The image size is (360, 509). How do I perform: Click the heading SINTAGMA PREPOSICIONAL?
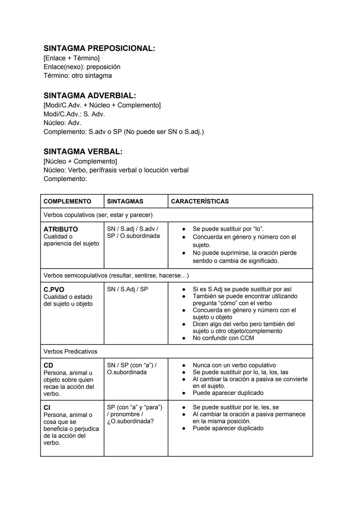point(99,48)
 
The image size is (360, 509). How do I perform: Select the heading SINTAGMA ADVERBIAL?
point(90,96)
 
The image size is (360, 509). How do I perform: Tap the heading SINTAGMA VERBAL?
point(83,152)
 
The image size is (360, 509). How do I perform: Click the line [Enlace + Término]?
point(71,58)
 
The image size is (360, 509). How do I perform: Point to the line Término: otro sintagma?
point(78,76)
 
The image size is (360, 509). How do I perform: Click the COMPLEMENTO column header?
point(67,201)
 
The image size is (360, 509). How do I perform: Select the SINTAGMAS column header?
point(125,201)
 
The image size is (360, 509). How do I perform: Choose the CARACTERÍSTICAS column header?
point(200,201)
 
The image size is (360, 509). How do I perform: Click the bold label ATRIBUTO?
point(61,229)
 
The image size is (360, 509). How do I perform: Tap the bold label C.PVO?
point(54,290)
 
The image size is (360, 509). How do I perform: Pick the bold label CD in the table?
point(48,366)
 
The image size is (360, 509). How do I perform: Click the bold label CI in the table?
point(47,408)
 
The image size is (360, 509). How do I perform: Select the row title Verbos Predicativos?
point(70,352)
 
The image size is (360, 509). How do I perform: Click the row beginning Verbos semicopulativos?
point(116,276)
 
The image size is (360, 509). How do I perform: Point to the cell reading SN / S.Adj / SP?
point(127,289)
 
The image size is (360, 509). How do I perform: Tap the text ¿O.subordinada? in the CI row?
point(130,421)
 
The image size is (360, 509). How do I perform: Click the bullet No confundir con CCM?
point(223,338)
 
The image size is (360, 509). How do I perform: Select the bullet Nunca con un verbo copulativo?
point(234,365)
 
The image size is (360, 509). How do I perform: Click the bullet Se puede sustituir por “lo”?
point(228,229)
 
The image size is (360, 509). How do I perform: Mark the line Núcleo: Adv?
point(62,123)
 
